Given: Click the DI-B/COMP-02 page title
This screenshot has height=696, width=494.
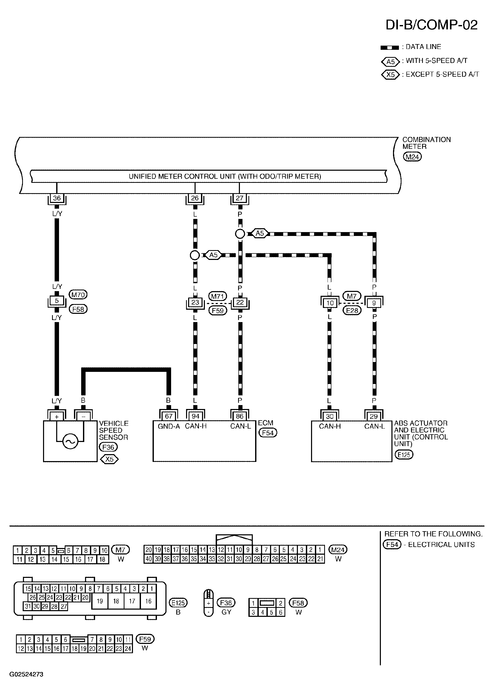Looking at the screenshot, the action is [x=431, y=25].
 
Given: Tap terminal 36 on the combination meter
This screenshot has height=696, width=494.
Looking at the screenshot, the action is [x=57, y=198].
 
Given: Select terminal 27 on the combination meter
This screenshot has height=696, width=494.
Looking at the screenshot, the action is [x=240, y=198].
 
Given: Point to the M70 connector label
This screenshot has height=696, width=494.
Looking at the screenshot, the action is [x=78, y=294].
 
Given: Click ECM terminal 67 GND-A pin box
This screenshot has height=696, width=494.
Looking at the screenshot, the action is [x=169, y=416].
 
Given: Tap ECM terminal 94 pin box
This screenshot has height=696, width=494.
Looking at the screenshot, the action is [x=195, y=416].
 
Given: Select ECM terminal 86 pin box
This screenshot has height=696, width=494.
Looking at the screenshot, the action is [x=240, y=416].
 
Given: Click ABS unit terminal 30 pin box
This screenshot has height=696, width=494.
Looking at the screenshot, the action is [x=330, y=416].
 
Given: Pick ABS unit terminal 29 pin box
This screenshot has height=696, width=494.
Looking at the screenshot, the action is [x=374, y=416].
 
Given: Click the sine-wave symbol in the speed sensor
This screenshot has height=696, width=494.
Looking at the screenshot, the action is [x=70, y=441].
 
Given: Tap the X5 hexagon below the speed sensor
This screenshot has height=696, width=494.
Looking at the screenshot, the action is [x=109, y=459].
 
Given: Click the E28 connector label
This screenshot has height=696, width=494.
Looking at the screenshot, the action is [x=352, y=310].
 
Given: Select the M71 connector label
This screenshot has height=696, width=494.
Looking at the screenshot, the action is [x=217, y=296].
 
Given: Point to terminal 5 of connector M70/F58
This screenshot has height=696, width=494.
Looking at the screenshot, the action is [x=57, y=301].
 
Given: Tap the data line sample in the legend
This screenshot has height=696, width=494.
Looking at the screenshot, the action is [x=390, y=48].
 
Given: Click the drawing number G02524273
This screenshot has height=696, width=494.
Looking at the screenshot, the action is [x=26, y=674].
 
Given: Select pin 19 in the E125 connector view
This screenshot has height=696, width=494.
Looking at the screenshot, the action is [x=100, y=601].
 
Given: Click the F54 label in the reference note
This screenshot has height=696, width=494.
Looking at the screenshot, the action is [x=392, y=544].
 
